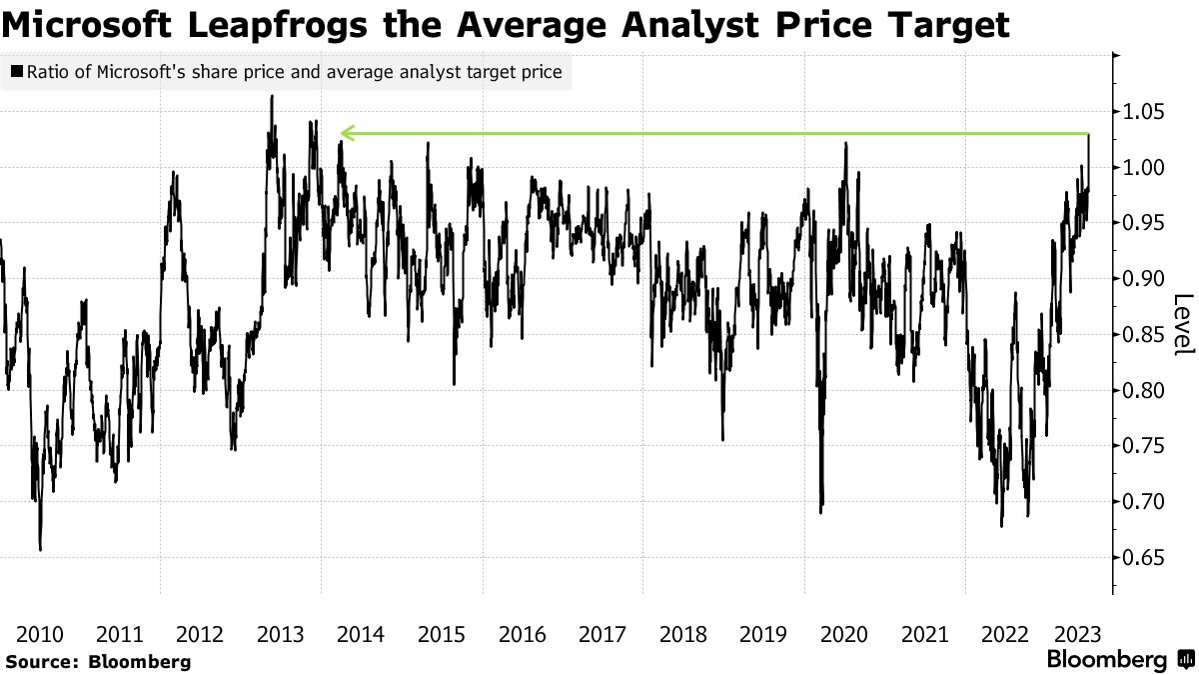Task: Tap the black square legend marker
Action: (16, 72)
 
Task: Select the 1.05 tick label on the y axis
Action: (1145, 112)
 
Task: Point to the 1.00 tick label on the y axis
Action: (1145, 167)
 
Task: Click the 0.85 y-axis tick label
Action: (1145, 334)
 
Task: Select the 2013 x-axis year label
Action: (281, 634)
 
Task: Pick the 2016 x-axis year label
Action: (522, 634)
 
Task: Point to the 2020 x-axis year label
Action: (843, 634)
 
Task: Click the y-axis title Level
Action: (1183, 324)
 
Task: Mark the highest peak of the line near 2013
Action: (272, 97)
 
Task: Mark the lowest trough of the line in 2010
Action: (40, 549)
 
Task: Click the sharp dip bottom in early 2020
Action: (821, 512)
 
